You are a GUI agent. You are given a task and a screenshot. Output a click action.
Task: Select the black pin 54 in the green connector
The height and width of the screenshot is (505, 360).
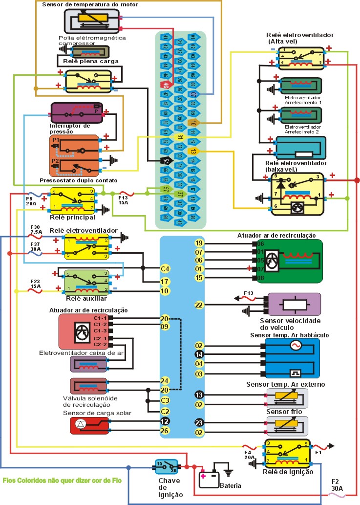167,161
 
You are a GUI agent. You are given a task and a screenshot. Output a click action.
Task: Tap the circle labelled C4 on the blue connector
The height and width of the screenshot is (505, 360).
166,268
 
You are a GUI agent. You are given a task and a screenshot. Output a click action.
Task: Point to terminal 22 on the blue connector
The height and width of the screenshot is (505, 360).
199,305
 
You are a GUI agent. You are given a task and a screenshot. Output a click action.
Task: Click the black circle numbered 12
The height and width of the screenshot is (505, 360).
166,421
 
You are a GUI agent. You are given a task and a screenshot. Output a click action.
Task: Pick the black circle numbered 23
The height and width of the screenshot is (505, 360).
199,423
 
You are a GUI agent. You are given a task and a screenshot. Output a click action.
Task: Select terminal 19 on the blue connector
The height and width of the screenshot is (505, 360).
199,243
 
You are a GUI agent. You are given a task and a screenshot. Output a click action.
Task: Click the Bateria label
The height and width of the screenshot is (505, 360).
230,486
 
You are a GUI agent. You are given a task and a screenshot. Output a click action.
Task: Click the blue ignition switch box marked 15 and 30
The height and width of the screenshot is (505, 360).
166,467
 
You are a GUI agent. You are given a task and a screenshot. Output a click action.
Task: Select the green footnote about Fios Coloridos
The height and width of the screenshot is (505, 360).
62,480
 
